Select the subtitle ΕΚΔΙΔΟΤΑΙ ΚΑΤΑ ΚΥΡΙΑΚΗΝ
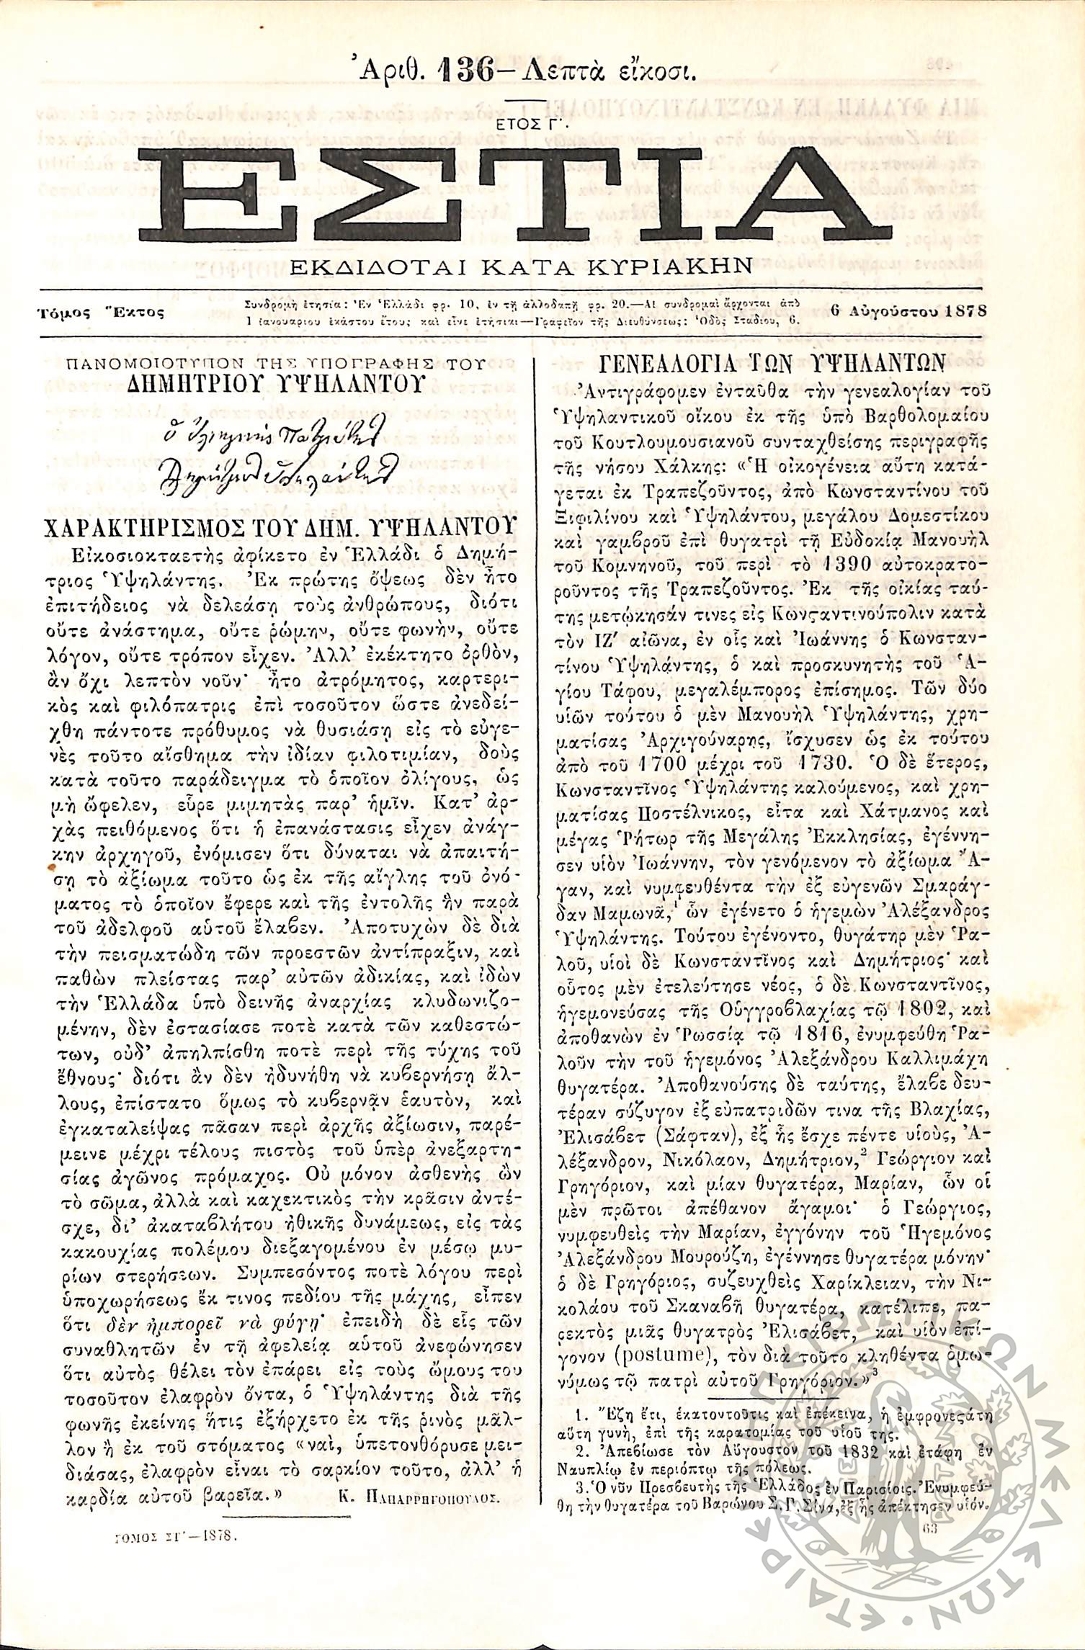coord(522,266)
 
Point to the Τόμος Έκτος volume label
coord(101,313)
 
